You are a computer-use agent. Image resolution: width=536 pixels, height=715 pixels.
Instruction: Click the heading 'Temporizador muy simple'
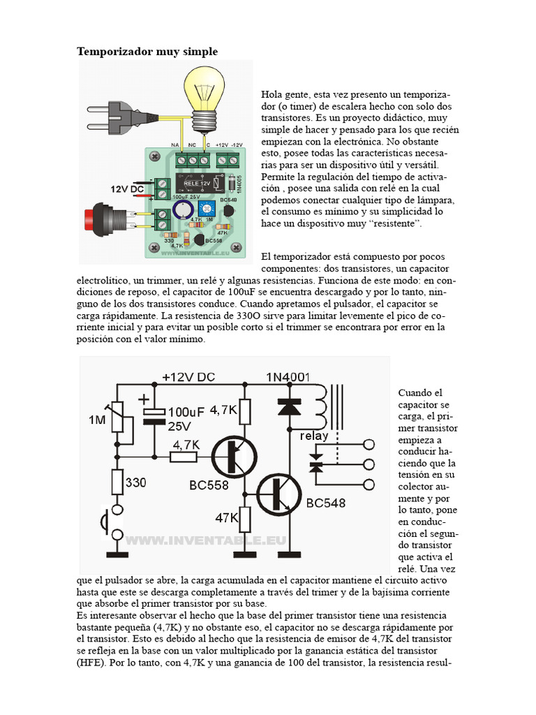(x=147, y=52)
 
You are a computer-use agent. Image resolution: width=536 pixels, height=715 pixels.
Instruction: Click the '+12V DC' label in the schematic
(x=188, y=377)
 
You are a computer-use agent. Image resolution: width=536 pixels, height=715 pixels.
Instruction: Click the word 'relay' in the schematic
(x=314, y=436)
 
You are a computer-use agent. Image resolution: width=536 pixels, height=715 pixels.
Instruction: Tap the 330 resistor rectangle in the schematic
(x=117, y=482)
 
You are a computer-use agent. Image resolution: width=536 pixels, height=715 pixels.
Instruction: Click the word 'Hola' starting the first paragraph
(x=274, y=94)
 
